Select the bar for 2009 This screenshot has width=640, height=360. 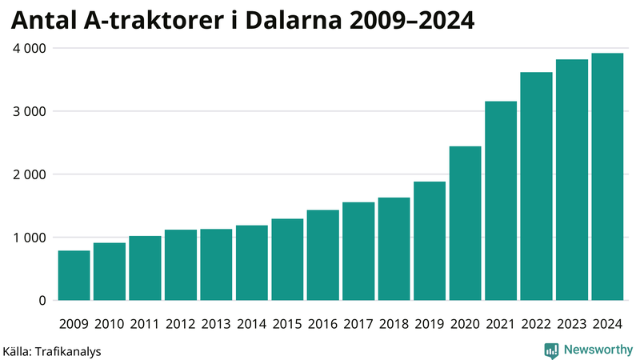coord(74,275)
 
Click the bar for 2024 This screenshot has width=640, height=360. coord(607,177)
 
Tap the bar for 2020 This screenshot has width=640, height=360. coord(465,223)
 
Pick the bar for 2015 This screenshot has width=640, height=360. coord(287,259)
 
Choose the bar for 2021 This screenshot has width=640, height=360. coord(501,201)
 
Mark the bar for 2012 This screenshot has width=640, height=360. coord(181,265)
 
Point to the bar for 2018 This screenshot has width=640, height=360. coord(394,249)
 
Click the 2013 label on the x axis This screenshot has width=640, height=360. coord(216,324)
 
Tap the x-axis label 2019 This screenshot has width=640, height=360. coord(430,324)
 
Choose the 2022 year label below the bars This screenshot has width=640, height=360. coord(536,324)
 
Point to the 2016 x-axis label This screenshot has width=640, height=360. coord(322,324)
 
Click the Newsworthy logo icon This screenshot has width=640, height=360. coord(551,350)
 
